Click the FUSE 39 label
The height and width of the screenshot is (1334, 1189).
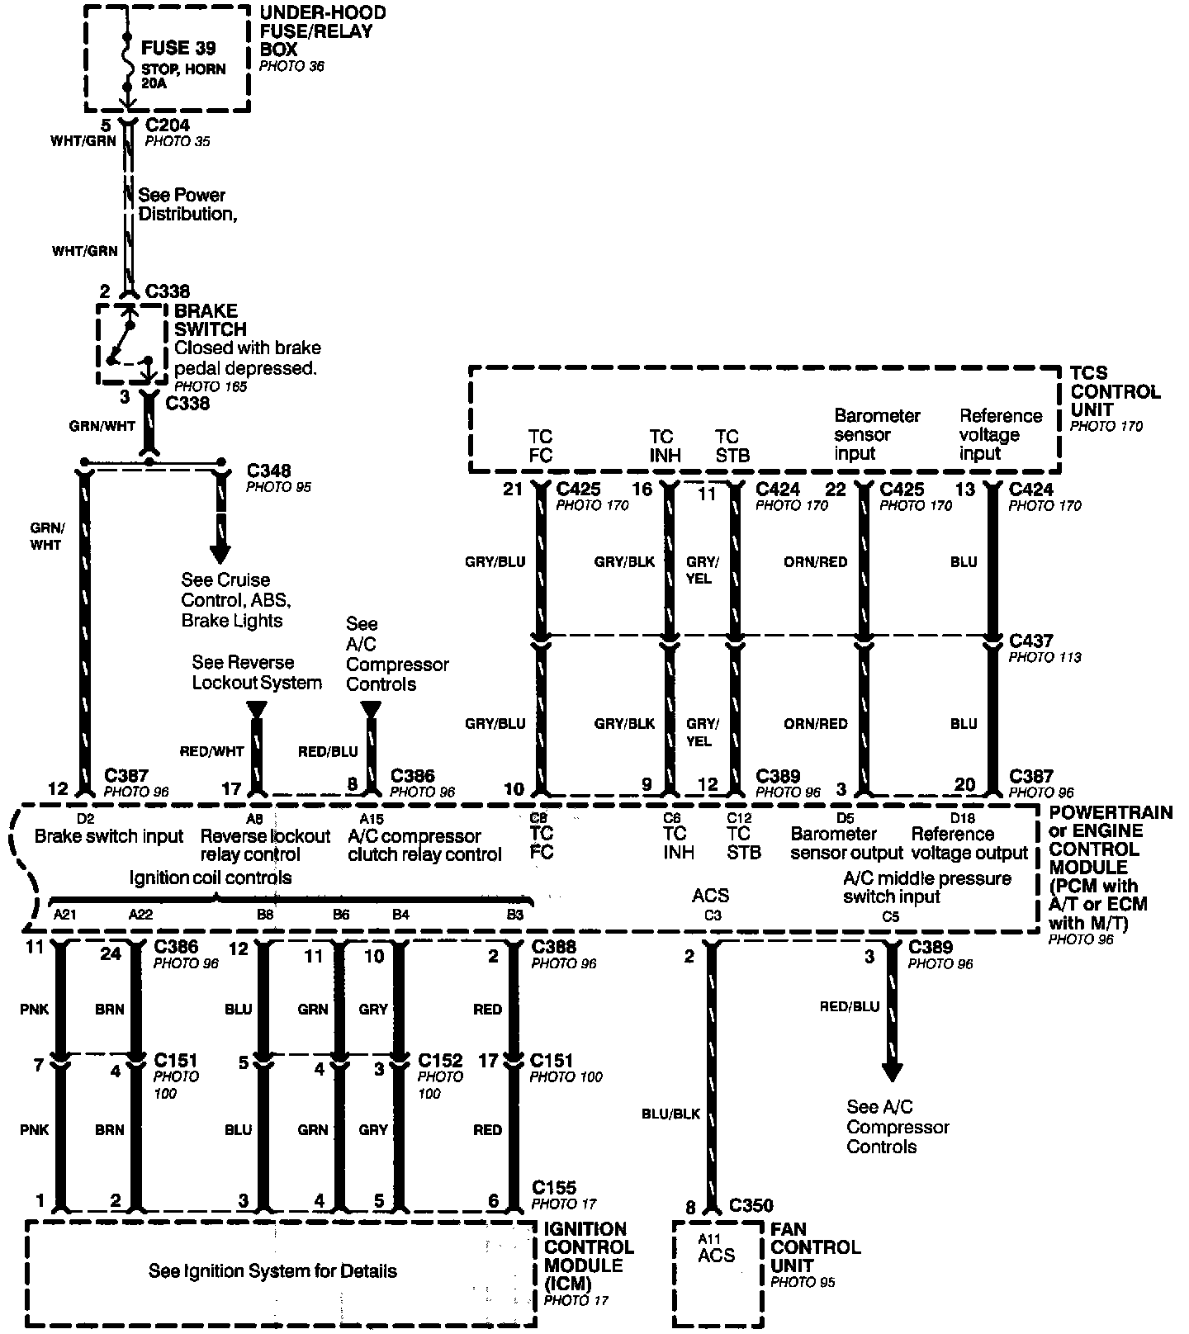point(178,48)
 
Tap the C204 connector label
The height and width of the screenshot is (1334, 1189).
point(168,125)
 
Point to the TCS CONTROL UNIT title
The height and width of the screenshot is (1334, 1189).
point(1115,391)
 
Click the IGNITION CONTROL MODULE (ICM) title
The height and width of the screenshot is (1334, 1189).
point(589,1255)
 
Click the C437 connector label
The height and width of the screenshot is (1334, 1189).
point(1031,641)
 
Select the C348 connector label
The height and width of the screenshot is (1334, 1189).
point(268,471)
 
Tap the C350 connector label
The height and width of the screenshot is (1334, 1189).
point(751,1206)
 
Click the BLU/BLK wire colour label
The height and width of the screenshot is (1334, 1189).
point(670,1114)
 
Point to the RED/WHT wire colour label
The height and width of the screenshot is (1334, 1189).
point(212,751)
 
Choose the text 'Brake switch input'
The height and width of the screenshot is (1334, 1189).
point(109,836)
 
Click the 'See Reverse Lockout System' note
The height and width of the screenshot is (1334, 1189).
point(257,673)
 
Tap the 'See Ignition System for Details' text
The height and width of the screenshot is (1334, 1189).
point(272,1271)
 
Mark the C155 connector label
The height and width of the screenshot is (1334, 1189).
point(554,1188)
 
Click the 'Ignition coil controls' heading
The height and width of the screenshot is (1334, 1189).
point(211,878)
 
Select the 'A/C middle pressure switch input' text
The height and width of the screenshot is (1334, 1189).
point(926,887)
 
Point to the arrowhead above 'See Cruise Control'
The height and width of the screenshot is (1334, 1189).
point(220,551)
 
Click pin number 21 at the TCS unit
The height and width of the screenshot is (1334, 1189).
point(513,490)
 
